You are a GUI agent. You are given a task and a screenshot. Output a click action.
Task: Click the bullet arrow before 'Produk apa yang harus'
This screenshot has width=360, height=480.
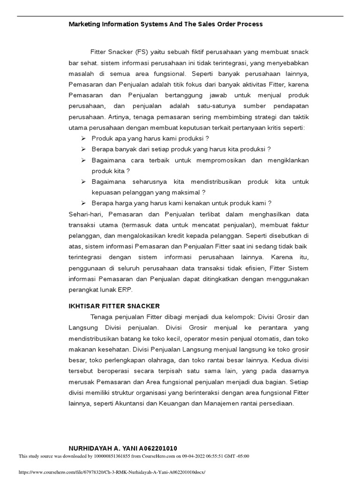(x=83, y=139)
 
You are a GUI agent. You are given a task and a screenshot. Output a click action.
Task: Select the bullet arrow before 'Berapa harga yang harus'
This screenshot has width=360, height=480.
(x=83, y=203)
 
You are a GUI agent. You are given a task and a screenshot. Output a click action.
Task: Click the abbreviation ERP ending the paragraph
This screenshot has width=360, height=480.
(x=126, y=290)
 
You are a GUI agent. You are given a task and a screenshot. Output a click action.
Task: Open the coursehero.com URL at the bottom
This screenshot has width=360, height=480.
(x=112, y=472)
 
